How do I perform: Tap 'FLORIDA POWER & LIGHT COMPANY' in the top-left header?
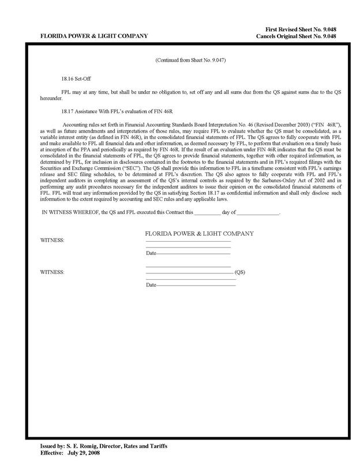[93, 36]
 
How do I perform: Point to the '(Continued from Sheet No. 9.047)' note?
[187, 60]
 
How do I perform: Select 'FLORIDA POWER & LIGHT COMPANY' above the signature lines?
[199, 234]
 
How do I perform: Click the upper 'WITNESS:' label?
[52, 239]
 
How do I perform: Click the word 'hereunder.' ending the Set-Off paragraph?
[51, 99]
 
